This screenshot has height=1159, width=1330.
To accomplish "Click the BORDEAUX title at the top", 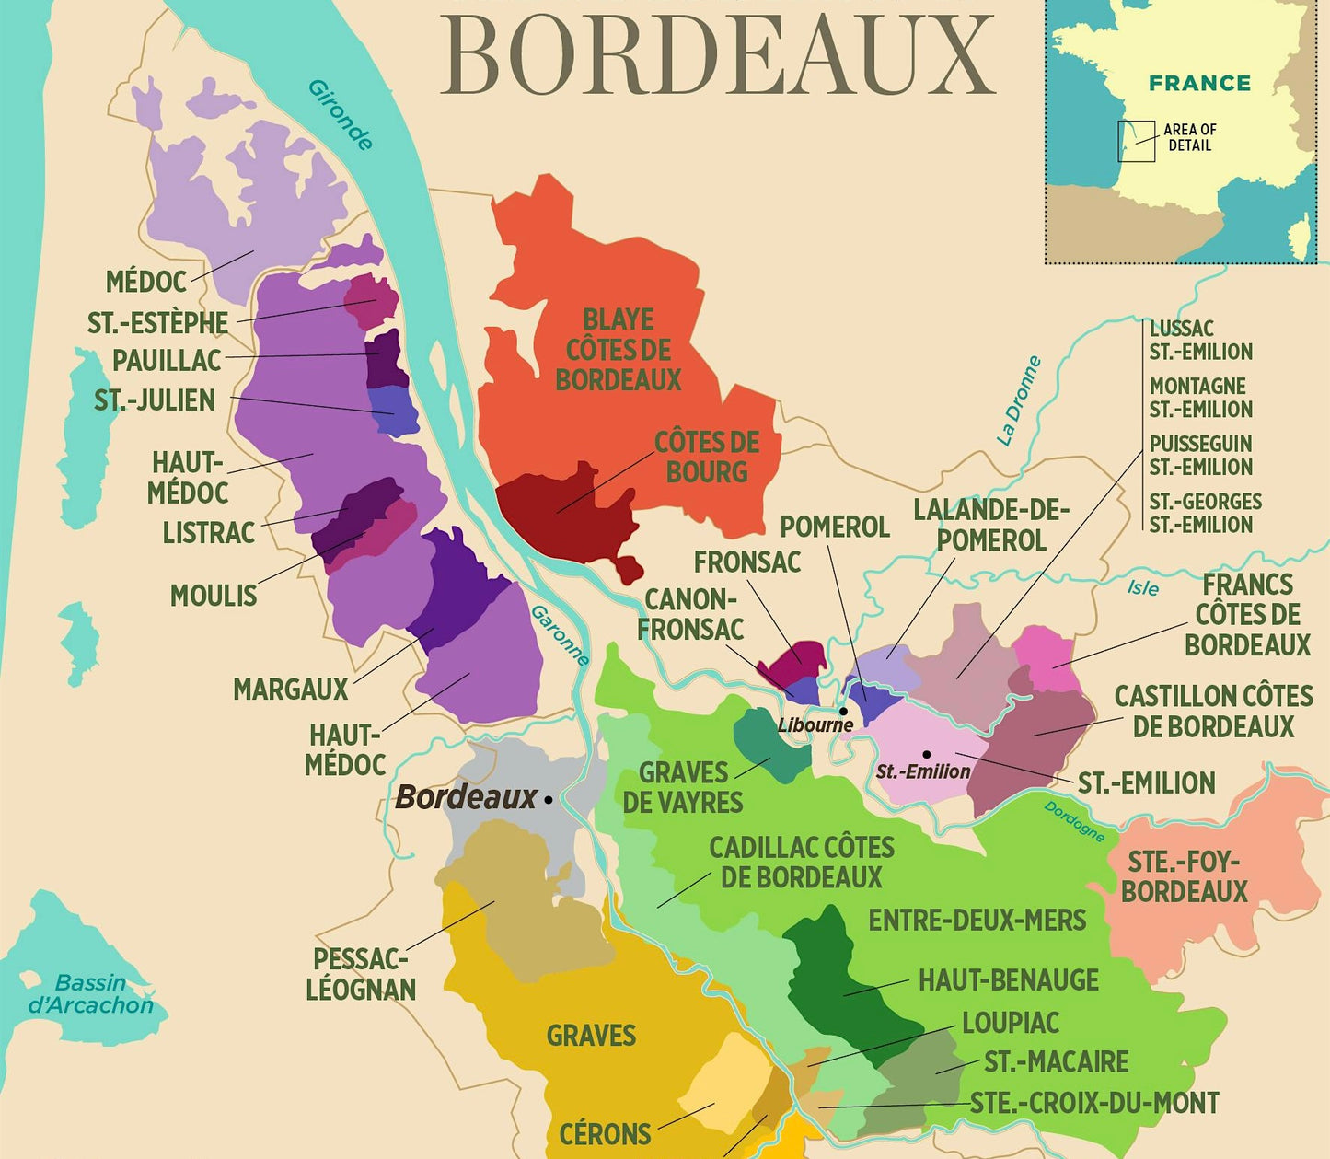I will pos(718,55).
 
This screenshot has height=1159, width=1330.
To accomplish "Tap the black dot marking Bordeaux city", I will pos(549,800).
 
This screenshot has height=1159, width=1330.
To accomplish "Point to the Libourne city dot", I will pos(843,712).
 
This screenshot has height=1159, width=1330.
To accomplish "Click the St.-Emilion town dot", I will pos(927,754).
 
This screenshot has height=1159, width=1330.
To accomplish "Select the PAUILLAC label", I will pos(167,360).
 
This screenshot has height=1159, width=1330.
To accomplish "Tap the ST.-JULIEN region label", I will pos(155,400).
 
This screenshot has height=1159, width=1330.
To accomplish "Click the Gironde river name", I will pos(341,115).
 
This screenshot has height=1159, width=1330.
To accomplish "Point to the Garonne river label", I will pos(560,635).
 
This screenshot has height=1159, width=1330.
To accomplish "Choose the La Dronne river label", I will pos(1019,400).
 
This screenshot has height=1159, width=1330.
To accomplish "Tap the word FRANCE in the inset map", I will pos(1199,83).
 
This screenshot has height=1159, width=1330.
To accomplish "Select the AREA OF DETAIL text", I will pos(1189,137).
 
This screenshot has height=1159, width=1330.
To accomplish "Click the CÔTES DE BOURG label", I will pos(706,457).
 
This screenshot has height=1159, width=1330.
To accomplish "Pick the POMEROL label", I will pos(834,527).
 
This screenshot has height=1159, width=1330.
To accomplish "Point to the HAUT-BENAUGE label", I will pos(1008,979).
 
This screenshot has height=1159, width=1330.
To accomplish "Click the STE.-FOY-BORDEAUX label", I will pos(1184,876).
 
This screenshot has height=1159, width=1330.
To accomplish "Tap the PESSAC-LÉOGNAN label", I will pos(361,974).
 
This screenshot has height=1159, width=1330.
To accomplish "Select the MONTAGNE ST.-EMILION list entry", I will pos(1200,398).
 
